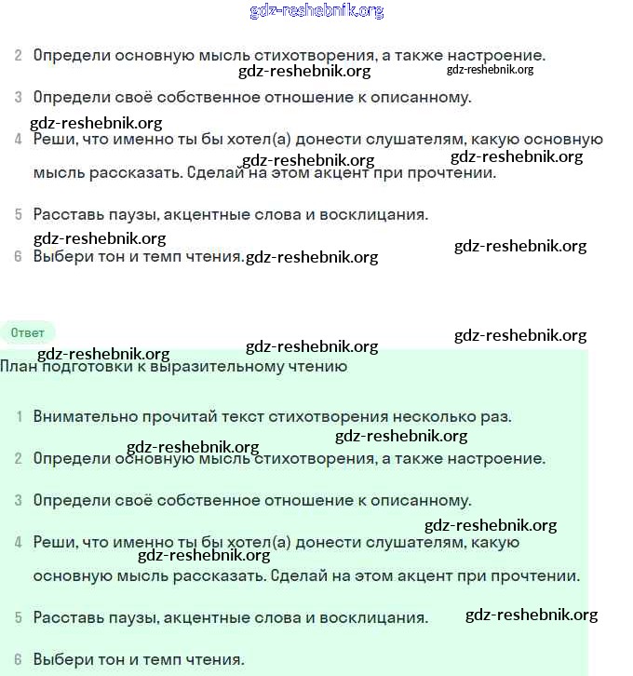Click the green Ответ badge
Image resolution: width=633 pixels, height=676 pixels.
tap(28, 332)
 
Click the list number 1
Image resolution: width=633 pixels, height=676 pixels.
tap(19, 416)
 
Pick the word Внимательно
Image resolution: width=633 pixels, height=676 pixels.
tap(81, 416)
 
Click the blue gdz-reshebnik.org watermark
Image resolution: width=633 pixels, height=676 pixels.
tap(316, 11)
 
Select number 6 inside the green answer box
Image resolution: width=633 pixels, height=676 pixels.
tap(19, 659)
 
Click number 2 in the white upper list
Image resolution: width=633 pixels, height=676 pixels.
tap(19, 55)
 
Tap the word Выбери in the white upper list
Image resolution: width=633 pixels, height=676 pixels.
tap(61, 256)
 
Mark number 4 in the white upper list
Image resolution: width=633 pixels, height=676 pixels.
tap(19, 140)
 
